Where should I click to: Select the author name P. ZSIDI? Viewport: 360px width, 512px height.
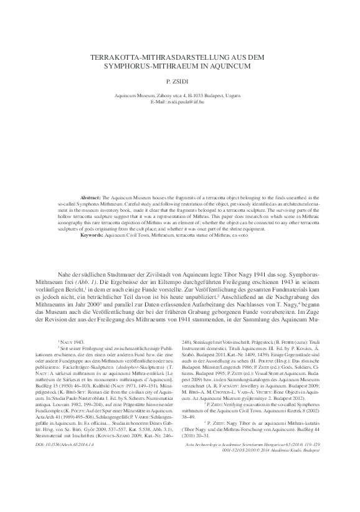point(181,82)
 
